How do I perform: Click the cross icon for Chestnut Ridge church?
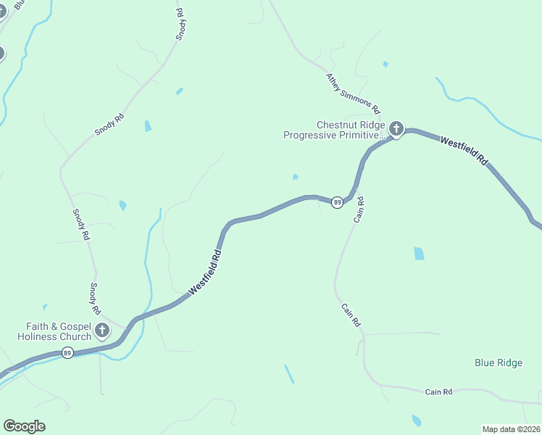(x=396, y=129)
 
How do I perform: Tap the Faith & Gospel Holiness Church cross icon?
(x=102, y=331)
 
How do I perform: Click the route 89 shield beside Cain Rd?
(x=337, y=202)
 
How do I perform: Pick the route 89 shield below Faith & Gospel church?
(x=67, y=353)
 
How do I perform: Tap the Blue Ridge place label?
(x=498, y=362)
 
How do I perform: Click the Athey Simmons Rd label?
(x=353, y=94)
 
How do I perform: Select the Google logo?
(x=24, y=426)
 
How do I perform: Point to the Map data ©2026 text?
(x=511, y=428)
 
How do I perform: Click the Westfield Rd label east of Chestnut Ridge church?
(x=463, y=151)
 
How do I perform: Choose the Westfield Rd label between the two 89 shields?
(x=205, y=272)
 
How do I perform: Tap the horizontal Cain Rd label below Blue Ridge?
(x=438, y=391)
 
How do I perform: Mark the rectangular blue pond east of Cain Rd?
(x=419, y=253)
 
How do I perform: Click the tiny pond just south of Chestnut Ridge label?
(x=295, y=176)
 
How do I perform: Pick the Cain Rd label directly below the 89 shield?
(x=358, y=210)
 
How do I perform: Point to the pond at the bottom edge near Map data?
(x=416, y=420)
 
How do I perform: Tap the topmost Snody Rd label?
(x=181, y=24)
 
